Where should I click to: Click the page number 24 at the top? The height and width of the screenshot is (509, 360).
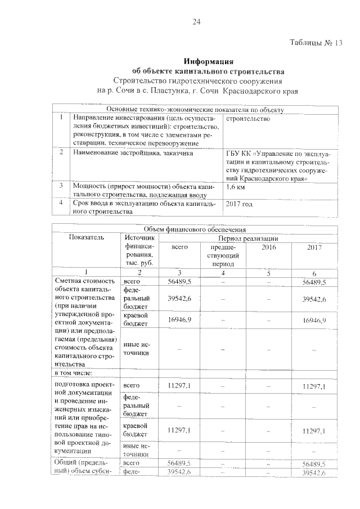coord(197,22)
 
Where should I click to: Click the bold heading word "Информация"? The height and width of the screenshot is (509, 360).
coord(208,62)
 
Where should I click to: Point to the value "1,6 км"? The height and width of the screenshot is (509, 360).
coord(236,187)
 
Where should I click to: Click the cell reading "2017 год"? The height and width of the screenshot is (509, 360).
coord(240,204)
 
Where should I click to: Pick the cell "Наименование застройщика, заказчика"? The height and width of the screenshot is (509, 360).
coord(132,152)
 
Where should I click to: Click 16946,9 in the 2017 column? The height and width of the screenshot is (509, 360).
coord(314,320)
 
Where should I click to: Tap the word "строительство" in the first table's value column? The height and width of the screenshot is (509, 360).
coord(248,119)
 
